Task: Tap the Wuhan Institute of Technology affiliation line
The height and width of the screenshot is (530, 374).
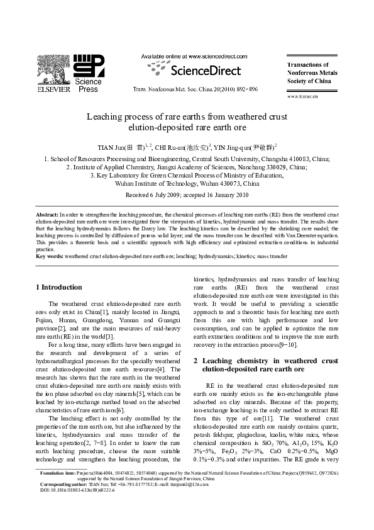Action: click(187, 184)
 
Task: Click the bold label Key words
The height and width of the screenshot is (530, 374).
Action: click(50, 257)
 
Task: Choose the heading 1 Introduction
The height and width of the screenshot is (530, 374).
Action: click(58, 286)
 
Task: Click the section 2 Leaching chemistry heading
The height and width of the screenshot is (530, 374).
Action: click(268, 365)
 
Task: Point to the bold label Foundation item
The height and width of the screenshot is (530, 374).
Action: click(57, 489)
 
